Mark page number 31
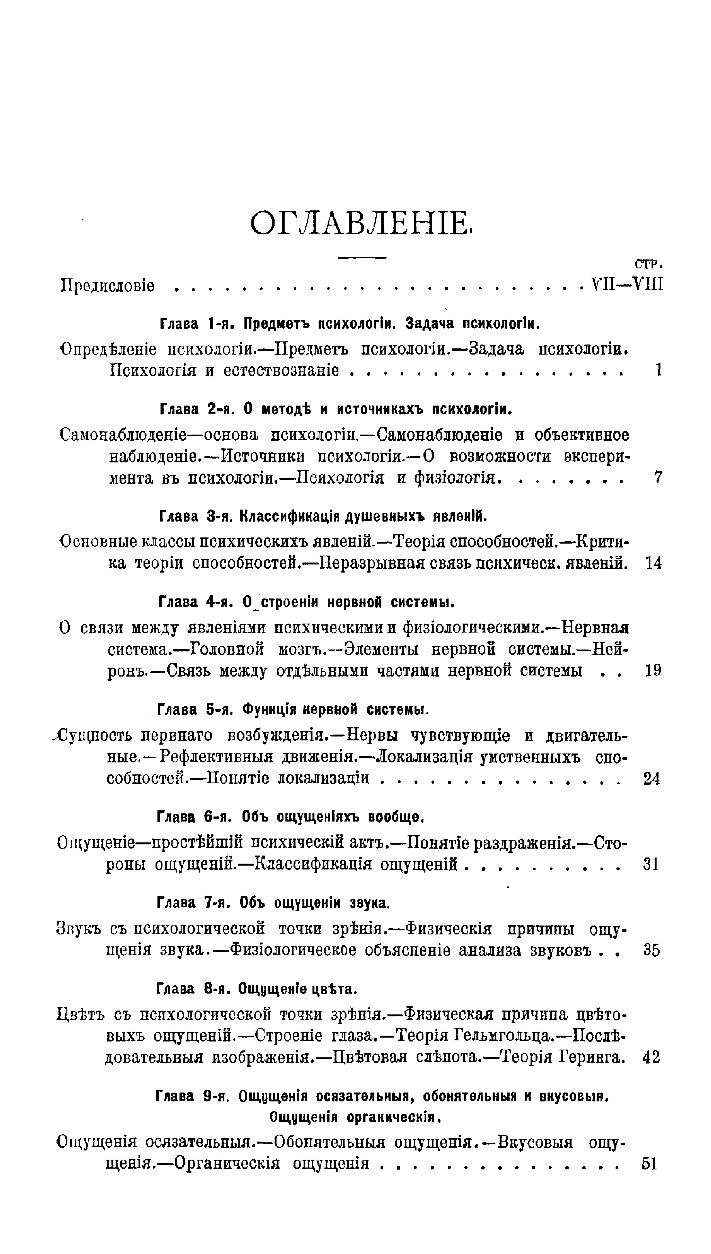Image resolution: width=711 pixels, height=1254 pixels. point(651,865)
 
